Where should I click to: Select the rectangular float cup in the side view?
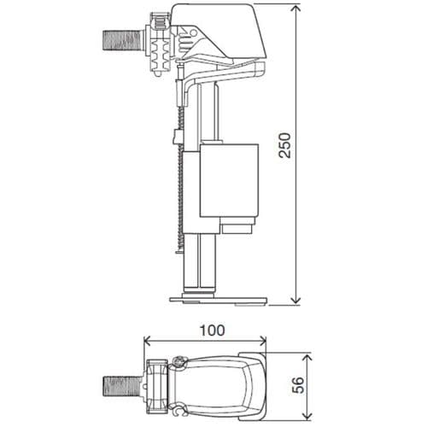click(229, 181)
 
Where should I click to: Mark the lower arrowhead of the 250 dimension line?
click(295, 300)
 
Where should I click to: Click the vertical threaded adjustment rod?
click(178, 196)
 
